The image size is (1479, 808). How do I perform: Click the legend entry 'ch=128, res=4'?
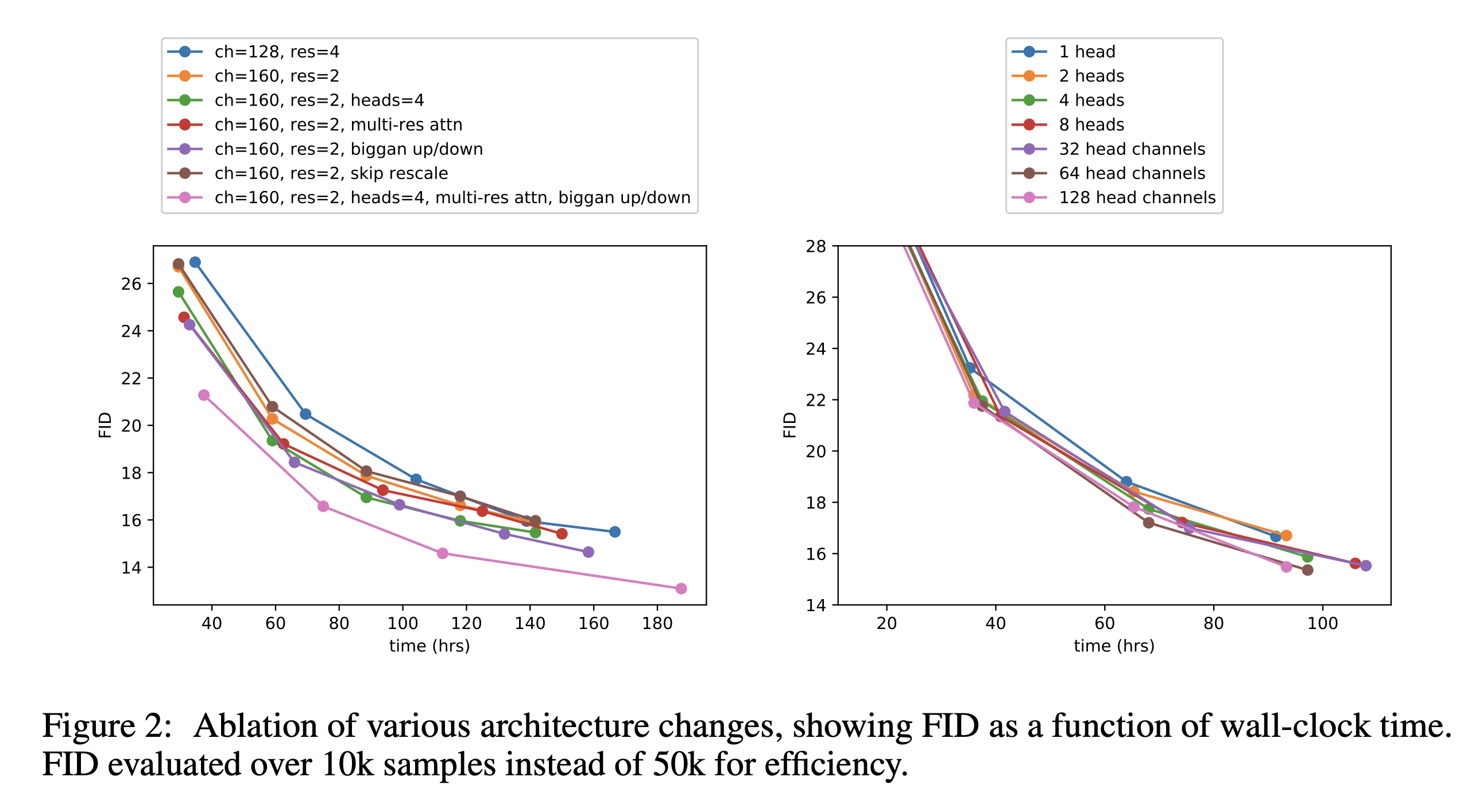(277, 52)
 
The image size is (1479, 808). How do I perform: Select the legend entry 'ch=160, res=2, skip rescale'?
(331, 173)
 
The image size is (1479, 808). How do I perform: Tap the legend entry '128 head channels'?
(1137, 197)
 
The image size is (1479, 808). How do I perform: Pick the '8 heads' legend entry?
(1091, 125)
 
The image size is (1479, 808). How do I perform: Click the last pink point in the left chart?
(681, 588)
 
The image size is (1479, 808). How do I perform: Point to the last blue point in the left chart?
(615, 532)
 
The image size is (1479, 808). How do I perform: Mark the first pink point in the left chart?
(204, 395)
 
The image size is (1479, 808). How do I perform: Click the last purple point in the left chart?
(588, 552)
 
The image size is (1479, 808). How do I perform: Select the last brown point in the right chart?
(1307, 570)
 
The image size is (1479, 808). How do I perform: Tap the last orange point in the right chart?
(1286, 535)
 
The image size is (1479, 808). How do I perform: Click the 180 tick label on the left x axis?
(657, 623)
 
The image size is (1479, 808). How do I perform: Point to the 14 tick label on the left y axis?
(131, 568)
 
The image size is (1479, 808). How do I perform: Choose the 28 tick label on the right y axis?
(816, 247)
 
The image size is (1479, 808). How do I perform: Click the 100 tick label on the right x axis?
(1322, 623)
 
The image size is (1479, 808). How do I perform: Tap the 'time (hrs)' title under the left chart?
(429, 646)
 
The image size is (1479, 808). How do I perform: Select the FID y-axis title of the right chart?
(790, 425)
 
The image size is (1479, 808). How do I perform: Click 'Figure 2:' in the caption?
(107, 726)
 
